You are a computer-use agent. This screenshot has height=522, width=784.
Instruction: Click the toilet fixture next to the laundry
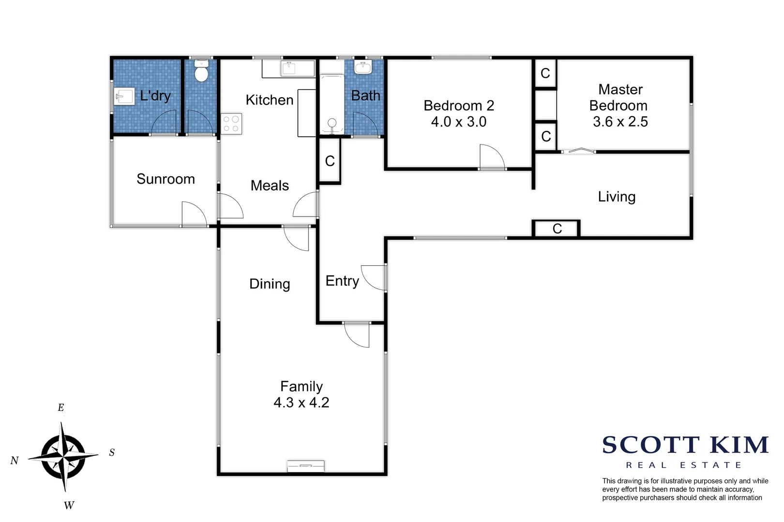(201, 72)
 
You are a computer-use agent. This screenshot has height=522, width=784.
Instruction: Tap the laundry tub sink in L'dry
(124, 96)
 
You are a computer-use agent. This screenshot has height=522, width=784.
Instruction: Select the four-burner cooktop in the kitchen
(231, 123)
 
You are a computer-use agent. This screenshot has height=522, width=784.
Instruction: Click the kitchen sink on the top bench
(291, 68)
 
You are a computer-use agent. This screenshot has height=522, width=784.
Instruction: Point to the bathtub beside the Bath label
(332, 103)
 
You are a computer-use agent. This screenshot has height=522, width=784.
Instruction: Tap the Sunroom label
(166, 179)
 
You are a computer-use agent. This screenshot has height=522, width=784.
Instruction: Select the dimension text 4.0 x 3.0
(458, 122)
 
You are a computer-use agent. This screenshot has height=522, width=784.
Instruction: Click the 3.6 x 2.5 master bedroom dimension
(620, 122)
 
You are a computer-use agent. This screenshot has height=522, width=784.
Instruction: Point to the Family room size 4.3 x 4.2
(301, 403)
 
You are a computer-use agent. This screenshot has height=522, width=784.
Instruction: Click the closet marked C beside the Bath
(330, 161)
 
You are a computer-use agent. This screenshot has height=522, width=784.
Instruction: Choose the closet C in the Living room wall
(557, 229)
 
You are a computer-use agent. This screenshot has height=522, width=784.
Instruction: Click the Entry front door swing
(374, 278)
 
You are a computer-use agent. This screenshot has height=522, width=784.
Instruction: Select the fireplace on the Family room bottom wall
(305, 466)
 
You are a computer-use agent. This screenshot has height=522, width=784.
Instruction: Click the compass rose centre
(63, 456)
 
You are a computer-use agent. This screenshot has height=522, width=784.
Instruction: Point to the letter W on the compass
(69, 506)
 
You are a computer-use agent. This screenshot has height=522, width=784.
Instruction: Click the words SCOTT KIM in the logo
(685, 445)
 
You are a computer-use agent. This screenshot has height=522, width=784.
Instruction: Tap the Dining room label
(270, 284)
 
